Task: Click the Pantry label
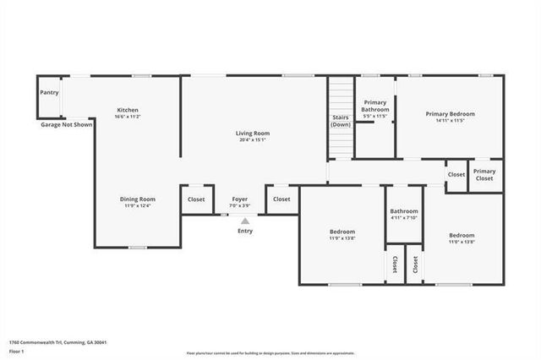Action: [x=49, y=92]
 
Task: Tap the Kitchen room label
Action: [x=128, y=110]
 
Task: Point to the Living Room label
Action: [x=252, y=134]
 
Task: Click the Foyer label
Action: [x=239, y=199]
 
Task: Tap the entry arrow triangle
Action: [x=245, y=220]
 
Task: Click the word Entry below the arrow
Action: [x=245, y=231]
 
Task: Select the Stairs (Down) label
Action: [x=340, y=121]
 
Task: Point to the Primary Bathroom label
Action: [x=375, y=106]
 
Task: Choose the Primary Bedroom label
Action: [x=450, y=114]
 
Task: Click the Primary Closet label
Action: [x=484, y=175]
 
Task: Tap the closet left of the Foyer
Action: [x=196, y=199]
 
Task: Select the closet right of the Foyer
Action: [x=281, y=199]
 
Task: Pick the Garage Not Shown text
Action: [x=67, y=124]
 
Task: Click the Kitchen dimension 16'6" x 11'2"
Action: [x=128, y=117]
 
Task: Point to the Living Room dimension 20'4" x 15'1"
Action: [x=252, y=140]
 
